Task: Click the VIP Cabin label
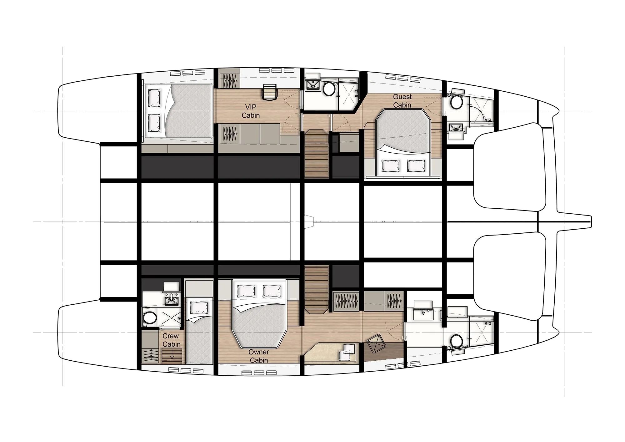pyautogui.click(x=251, y=111)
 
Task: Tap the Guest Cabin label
pyautogui.click(x=402, y=101)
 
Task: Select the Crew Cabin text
pyautogui.click(x=171, y=340)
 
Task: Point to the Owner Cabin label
pyautogui.click(x=259, y=356)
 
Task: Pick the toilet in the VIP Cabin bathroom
pyautogui.click(x=328, y=88)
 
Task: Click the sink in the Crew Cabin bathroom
pyautogui.click(x=172, y=300)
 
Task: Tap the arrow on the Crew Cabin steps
pyautogui.click(x=172, y=355)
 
